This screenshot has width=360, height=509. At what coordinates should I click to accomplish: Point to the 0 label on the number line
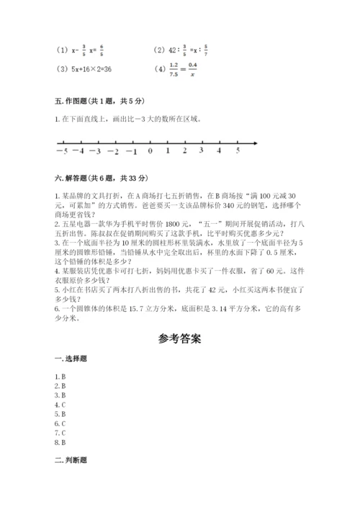150,152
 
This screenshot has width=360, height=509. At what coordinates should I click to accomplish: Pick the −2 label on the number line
113,152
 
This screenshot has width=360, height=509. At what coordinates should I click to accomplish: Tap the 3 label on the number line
202,151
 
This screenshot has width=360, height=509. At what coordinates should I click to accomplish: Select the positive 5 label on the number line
238,151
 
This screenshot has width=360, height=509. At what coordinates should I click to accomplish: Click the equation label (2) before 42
160,50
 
